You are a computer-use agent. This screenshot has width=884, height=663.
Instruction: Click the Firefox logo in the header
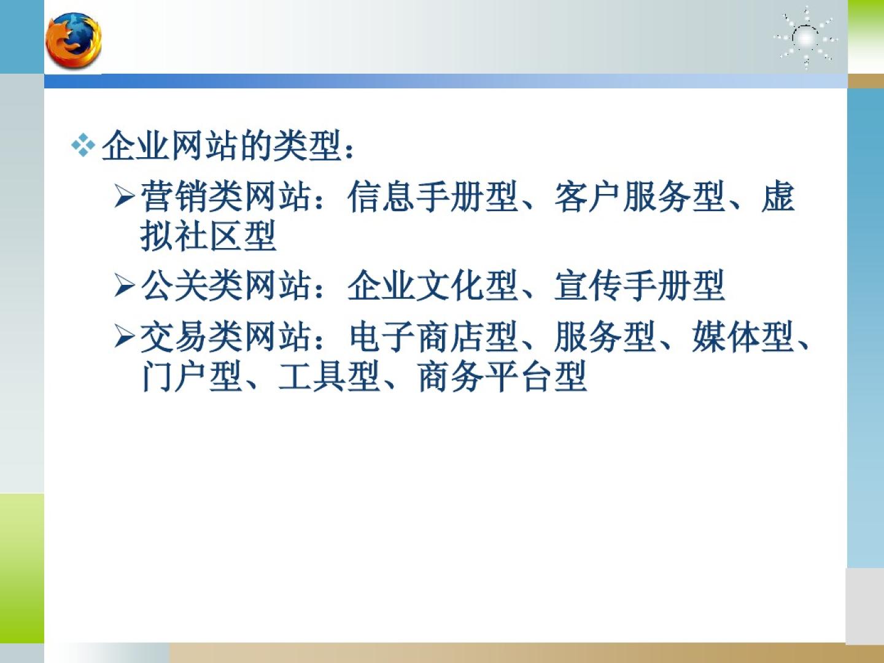coord(73,41)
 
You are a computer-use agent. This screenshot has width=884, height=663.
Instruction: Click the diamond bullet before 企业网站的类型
coord(83,144)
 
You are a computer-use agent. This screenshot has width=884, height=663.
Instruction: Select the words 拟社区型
coord(208,236)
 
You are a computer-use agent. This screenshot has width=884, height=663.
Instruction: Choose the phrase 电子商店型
coord(433,336)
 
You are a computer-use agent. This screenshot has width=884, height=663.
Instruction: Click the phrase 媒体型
coord(743,336)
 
